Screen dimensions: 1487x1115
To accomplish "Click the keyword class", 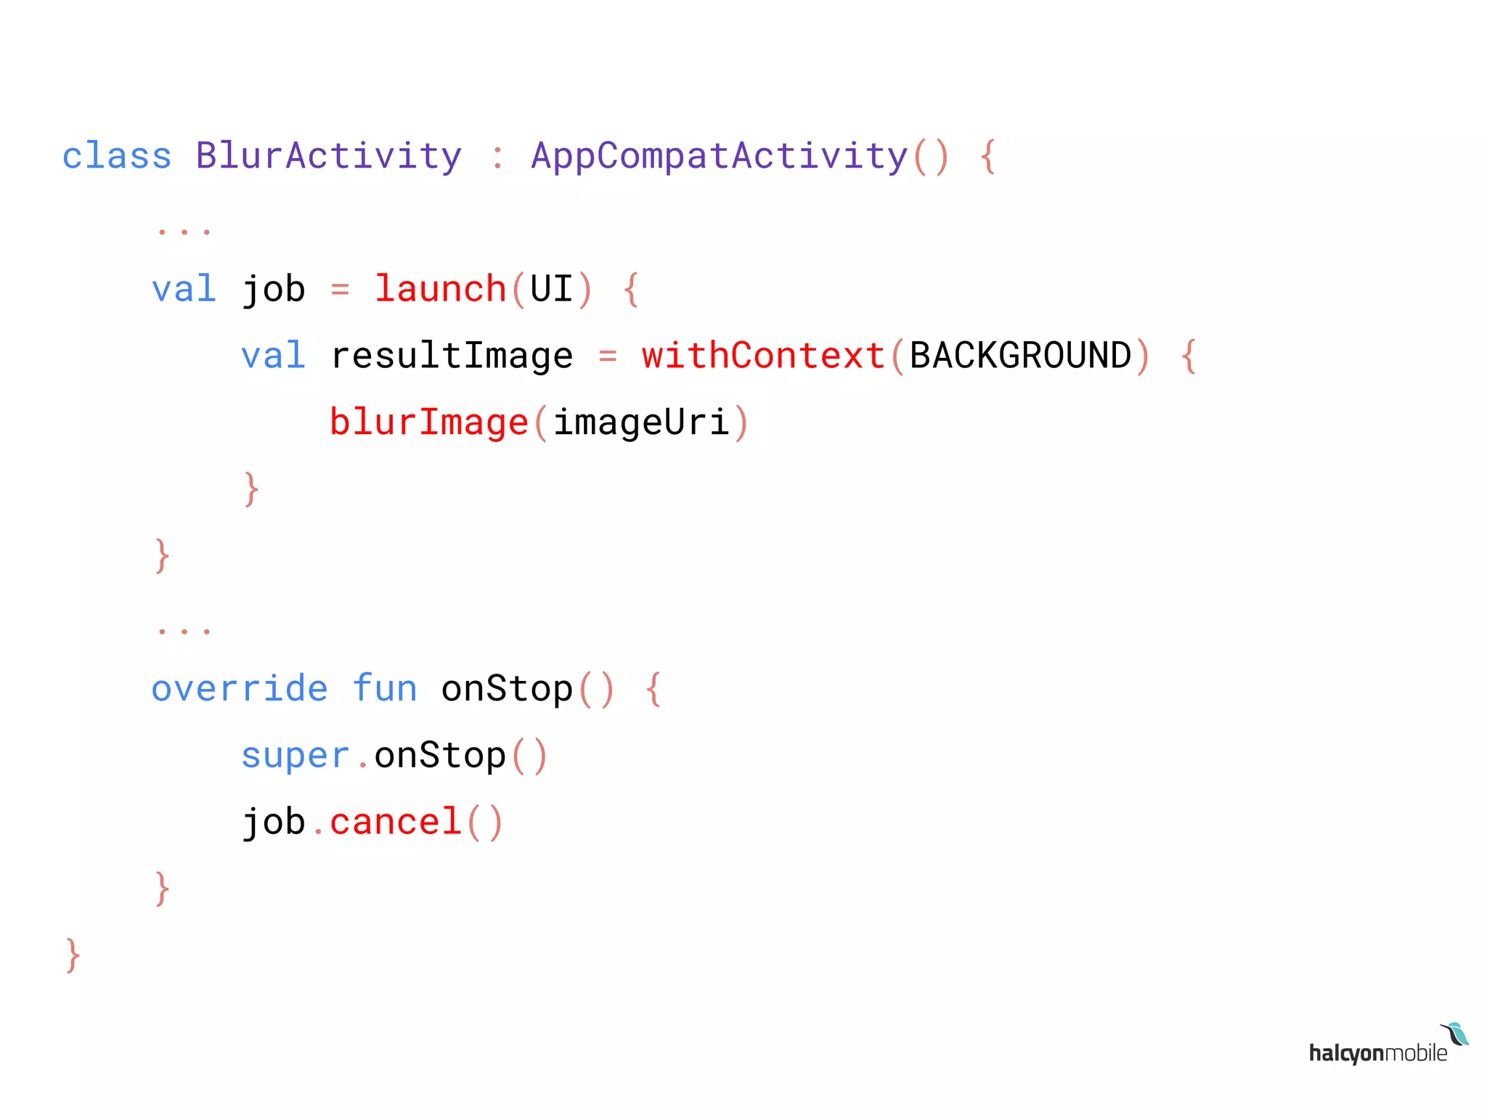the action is pyautogui.click(x=117, y=156).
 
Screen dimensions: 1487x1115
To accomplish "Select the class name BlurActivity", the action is pyautogui.click(x=328, y=156).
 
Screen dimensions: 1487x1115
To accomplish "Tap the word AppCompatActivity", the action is pyautogui.click(x=720, y=156).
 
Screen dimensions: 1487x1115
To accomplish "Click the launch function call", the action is pyautogui.click(x=440, y=289).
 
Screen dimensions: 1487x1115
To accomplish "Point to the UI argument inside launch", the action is pyautogui.click(x=552, y=289).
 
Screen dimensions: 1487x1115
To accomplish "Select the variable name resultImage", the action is pyautogui.click(x=452, y=356).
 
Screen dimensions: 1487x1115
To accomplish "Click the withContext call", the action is pyautogui.click(x=763, y=356).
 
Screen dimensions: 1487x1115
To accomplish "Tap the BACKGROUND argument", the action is pyautogui.click(x=1020, y=356).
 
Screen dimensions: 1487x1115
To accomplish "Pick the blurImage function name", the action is pyautogui.click(x=428, y=422).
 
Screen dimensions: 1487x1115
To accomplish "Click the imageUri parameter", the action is pyautogui.click(x=641, y=422).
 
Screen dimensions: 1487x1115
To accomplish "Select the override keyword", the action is pyautogui.click(x=240, y=688).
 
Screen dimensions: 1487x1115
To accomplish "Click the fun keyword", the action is pyautogui.click(x=385, y=688).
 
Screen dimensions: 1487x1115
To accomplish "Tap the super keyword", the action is pyautogui.click(x=295, y=755).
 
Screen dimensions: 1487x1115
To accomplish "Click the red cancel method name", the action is pyautogui.click(x=396, y=822).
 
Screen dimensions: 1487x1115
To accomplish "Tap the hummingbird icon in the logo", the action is pyautogui.click(x=1455, y=1034).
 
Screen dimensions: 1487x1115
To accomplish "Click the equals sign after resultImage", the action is pyautogui.click(x=608, y=356).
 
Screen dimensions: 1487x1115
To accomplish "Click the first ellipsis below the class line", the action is pyautogui.click(x=184, y=231).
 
